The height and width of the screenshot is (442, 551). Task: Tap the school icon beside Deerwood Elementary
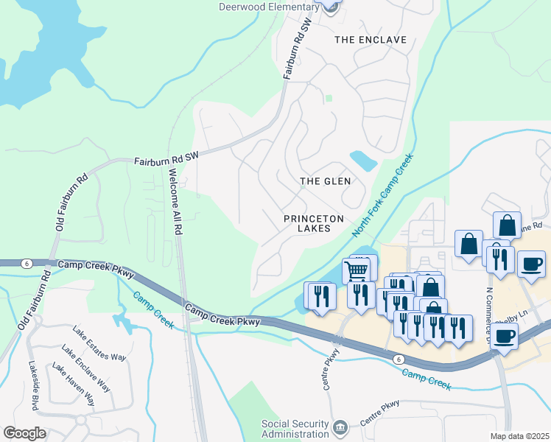click(331, 6)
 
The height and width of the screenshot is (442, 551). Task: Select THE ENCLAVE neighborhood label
click(371, 39)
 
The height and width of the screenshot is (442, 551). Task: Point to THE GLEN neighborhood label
click(325, 180)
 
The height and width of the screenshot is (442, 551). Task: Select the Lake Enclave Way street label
click(86, 368)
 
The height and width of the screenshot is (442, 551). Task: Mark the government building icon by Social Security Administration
click(340, 428)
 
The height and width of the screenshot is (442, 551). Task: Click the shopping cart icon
click(357, 270)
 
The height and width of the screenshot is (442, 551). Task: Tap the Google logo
click(24, 433)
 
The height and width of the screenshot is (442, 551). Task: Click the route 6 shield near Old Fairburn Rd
click(27, 264)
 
